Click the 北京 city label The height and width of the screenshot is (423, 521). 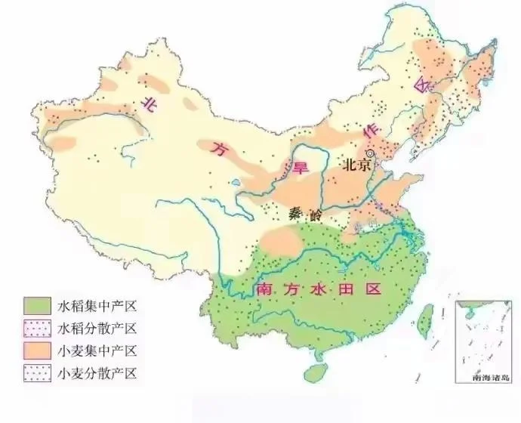356,165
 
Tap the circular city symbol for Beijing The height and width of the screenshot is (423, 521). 370,153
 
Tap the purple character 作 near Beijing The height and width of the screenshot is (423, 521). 371,132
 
